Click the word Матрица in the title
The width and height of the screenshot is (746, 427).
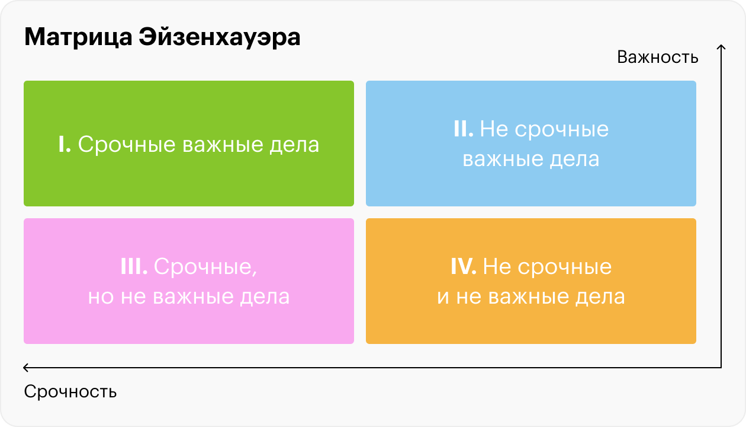[x=78, y=37]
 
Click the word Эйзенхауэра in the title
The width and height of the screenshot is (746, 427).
[x=220, y=37]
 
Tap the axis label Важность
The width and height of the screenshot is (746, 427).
[x=657, y=57]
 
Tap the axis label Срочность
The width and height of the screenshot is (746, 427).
[x=70, y=391]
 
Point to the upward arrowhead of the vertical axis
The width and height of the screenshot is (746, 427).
[x=721, y=46]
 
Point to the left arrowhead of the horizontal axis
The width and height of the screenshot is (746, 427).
[x=25, y=368]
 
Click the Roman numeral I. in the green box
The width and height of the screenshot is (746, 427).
[x=65, y=145]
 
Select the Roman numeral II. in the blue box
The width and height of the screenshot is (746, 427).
[x=463, y=129]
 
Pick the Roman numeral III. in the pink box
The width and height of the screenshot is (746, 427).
[x=134, y=266]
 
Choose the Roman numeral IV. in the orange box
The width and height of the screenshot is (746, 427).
[x=463, y=266]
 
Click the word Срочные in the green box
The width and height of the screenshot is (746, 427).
[x=127, y=145]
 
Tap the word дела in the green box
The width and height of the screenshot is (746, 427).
[x=294, y=145]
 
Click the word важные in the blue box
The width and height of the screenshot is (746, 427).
[x=503, y=159]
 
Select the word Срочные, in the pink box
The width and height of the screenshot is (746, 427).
[x=205, y=267]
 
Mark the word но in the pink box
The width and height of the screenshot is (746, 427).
[x=101, y=297]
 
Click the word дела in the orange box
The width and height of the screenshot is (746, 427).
[x=600, y=297]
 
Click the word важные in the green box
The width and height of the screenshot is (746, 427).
[x=222, y=145]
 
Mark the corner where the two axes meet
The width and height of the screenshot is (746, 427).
[x=721, y=368]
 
